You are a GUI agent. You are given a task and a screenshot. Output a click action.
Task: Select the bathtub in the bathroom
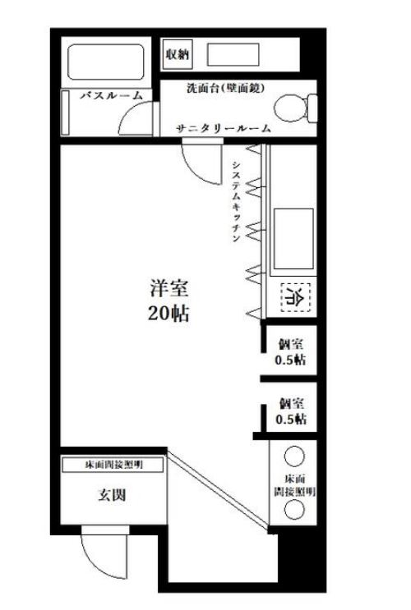click(x=105, y=61)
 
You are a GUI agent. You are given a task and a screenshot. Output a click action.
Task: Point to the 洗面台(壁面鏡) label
click(x=224, y=87)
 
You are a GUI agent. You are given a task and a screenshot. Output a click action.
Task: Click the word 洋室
click(x=169, y=289)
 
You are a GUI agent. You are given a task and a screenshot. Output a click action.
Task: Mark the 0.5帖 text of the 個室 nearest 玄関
click(x=291, y=420)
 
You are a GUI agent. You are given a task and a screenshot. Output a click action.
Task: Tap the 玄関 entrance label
click(x=112, y=496)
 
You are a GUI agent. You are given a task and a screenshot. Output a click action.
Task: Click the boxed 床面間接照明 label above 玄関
click(x=113, y=465)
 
